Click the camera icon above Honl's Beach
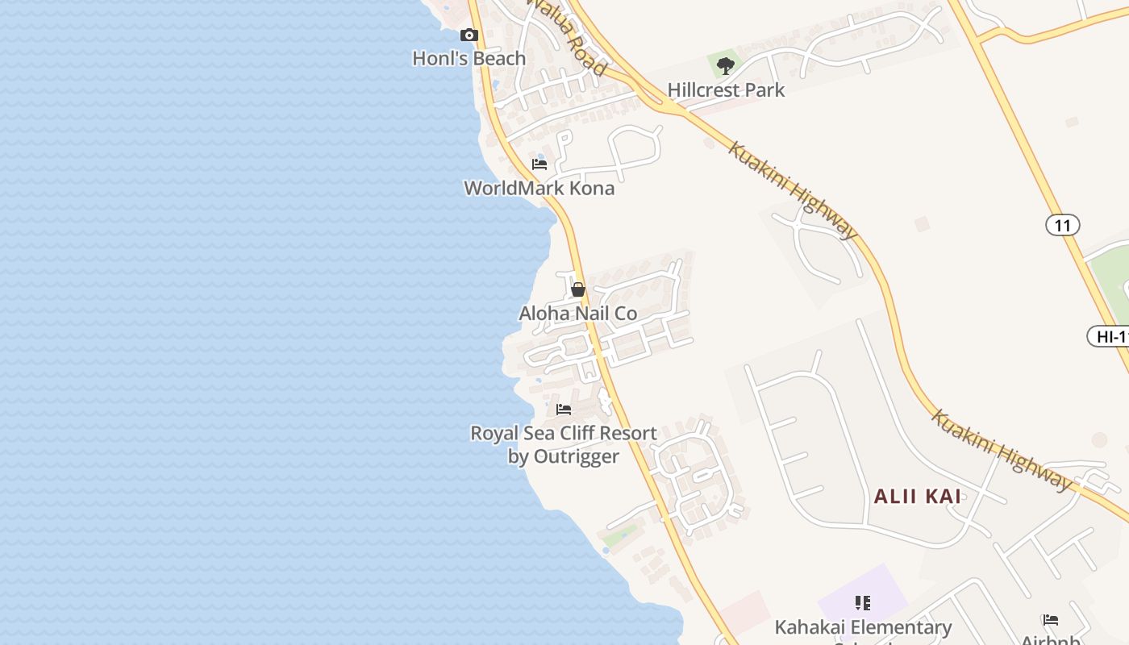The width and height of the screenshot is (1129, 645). click(x=469, y=35)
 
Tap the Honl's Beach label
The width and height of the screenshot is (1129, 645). click(x=469, y=59)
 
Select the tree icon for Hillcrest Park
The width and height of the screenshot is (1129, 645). click(x=726, y=66)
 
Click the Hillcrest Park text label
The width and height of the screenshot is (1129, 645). click(x=726, y=90)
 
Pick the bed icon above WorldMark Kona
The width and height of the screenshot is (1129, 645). click(x=540, y=164)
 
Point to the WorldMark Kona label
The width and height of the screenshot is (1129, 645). click(x=539, y=189)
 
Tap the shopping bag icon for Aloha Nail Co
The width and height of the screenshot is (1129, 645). click(x=578, y=289)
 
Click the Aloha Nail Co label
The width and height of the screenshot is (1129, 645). click(x=578, y=314)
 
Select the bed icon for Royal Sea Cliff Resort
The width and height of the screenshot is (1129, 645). click(x=564, y=410)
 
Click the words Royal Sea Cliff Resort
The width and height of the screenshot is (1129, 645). click(x=564, y=434)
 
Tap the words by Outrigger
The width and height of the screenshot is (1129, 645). click(x=564, y=457)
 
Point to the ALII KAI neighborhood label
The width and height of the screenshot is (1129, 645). click(x=918, y=497)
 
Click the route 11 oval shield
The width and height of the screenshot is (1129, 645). click(x=1062, y=225)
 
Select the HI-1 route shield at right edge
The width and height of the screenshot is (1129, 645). click(x=1110, y=337)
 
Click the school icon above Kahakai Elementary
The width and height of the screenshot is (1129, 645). click(x=863, y=603)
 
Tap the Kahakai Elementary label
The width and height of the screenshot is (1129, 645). click(x=863, y=627)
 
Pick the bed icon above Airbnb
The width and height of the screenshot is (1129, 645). click(x=1051, y=620)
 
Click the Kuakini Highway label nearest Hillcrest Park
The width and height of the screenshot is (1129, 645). click(x=794, y=190)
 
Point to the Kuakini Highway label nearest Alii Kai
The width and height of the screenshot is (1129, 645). click(x=1002, y=450)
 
